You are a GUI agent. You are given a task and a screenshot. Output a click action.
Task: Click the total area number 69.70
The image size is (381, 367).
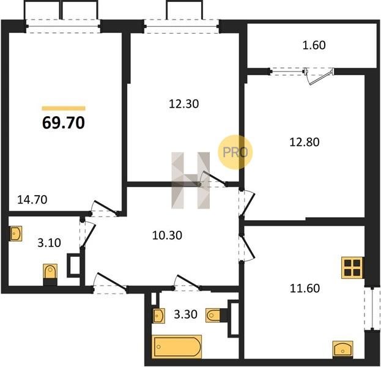click(64, 123)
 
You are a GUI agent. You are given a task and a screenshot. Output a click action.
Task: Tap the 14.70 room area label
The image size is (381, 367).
click(32, 199)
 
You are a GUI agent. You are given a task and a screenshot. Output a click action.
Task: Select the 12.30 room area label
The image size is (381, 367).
click(183, 104)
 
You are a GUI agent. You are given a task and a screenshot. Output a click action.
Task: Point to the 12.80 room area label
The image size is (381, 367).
click(305, 142)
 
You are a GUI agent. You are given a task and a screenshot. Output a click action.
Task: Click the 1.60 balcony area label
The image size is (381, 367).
click(314, 45)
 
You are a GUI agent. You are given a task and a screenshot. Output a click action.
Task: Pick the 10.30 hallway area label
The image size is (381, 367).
click(167, 235)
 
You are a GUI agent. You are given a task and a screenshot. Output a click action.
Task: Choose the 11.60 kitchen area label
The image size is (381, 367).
click(305, 288)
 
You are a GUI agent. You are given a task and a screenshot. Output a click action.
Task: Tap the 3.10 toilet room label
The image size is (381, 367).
click(49, 243)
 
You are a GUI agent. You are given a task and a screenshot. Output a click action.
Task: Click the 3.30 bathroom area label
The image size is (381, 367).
click(186, 314)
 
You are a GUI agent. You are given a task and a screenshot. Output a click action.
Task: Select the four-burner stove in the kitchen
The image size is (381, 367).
click(353, 267)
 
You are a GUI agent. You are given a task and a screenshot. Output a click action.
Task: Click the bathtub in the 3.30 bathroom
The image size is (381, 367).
click(177, 347)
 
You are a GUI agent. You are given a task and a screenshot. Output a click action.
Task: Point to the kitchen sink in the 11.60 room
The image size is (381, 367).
click(342, 350)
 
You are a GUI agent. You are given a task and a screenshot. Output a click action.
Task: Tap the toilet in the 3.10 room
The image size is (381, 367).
click(50, 274)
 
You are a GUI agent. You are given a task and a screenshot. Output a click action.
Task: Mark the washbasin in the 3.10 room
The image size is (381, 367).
click(16, 234)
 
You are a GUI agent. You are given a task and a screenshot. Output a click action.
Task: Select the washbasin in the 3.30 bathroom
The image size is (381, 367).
click(158, 316)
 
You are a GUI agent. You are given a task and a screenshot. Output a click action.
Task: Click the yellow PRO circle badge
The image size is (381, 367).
click(235, 152)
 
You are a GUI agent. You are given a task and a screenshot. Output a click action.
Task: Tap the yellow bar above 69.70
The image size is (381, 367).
click(64, 108)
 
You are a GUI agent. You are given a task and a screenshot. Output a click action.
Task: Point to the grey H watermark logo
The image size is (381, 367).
click(191, 180)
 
